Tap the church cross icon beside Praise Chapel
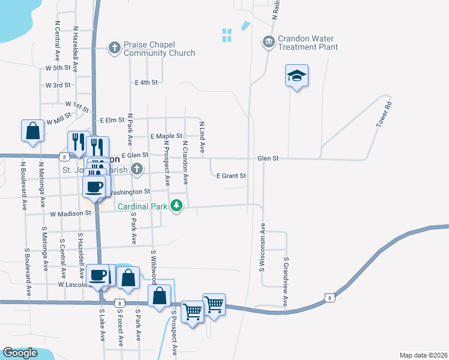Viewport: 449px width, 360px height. click(x=115, y=46)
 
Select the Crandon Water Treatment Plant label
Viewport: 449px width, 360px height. click(x=306, y=43)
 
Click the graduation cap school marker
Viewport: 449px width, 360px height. click(x=297, y=76)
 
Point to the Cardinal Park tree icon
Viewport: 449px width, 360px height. click(x=176, y=206)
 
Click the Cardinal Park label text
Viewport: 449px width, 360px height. click(x=142, y=207)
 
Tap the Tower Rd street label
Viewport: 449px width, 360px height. click(x=384, y=113)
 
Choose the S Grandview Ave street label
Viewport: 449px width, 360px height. click(x=286, y=284)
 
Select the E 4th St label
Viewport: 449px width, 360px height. click(x=146, y=82)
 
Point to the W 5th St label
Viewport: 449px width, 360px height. click(x=58, y=68)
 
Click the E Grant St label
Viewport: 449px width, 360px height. click(x=231, y=176)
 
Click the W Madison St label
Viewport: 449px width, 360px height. click(x=70, y=214)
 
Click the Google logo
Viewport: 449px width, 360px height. click(x=20, y=353)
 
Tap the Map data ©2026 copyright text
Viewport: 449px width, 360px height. click(x=423, y=355)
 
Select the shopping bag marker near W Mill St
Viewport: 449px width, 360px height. click(x=32, y=131)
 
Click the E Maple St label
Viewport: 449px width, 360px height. click(x=166, y=137)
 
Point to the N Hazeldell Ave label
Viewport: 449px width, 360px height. click(x=76, y=46)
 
